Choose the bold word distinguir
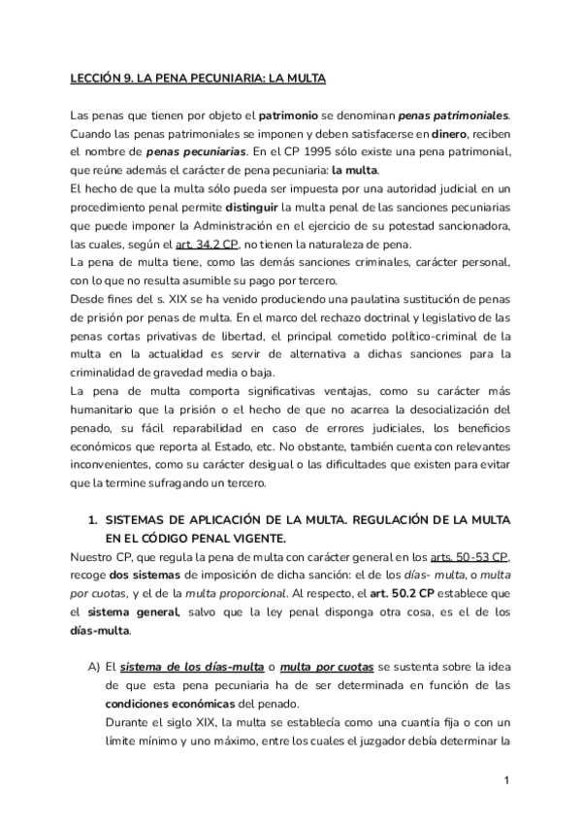pos(256,208)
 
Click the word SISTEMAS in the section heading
pos(144,520)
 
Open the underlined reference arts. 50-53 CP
pos(477,556)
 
